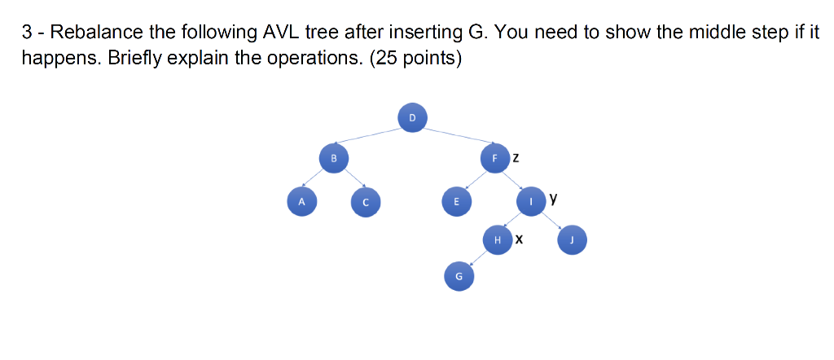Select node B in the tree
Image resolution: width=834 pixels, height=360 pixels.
click(x=333, y=158)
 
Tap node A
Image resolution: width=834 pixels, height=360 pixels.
click(x=301, y=202)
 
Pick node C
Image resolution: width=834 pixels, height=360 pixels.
click(x=366, y=202)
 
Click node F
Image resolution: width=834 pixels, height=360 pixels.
click(x=494, y=158)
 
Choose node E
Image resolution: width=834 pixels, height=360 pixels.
click(x=456, y=202)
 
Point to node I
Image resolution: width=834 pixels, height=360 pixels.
click(x=531, y=202)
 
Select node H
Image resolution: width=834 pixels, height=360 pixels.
click(x=498, y=239)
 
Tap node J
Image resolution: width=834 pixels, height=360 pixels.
click(x=572, y=239)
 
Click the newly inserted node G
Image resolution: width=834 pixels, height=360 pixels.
click(x=459, y=276)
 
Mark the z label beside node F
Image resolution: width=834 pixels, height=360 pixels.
click(x=516, y=158)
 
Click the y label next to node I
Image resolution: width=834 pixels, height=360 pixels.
click(x=554, y=199)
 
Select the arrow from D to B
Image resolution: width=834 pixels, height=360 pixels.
click(x=367, y=136)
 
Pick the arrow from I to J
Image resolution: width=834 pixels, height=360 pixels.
click(x=551, y=222)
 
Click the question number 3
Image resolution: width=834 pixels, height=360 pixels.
click(x=27, y=33)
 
